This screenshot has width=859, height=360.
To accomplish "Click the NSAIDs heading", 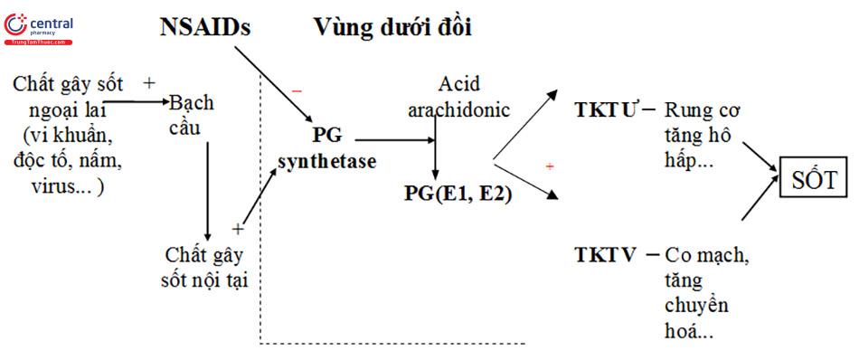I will pos(205,27).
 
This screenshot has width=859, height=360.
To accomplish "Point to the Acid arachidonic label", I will pos(467,98).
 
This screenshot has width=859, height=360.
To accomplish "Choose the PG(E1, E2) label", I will pos(457,193).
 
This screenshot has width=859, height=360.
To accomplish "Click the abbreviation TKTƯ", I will pos(607,110).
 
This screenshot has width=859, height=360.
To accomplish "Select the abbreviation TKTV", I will pos(606,254).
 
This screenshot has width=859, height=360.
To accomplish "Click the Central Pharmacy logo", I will pos(40,29).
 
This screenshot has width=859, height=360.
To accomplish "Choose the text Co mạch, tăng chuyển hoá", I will pos(706,292).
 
